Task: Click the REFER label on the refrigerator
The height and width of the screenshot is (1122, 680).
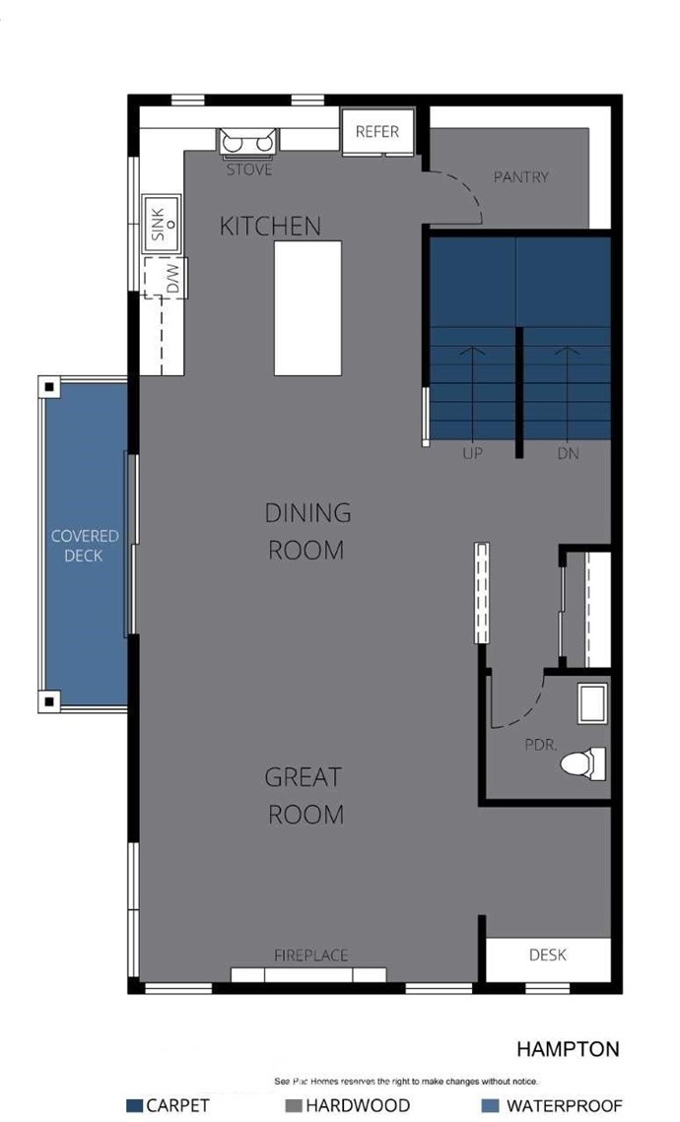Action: coord(377,132)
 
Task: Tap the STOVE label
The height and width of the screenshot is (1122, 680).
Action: coord(249,169)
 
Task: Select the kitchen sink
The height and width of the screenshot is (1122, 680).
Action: coord(162,224)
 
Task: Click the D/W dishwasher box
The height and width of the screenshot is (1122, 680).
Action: coord(166,278)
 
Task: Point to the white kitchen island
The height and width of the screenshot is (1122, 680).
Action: coord(307,307)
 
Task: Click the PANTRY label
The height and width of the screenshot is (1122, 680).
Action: coord(521,176)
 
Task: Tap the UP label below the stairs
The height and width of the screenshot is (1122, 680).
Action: coord(472,453)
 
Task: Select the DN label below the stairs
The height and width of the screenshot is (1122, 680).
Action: coord(569,453)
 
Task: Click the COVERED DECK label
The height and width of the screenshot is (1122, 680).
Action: coord(85,546)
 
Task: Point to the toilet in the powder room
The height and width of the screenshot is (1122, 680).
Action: coord(583,763)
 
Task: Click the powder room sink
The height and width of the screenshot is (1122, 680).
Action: coord(592,703)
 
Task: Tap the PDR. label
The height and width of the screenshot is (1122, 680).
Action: coord(541,744)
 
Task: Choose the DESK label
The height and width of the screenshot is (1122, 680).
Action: coord(548,955)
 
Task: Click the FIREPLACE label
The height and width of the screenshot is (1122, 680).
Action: coord(310,956)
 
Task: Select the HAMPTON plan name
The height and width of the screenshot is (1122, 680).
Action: coord(568,1049)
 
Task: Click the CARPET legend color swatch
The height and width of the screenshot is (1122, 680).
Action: coord(134,1105)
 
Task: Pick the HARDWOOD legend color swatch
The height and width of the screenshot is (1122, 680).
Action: coord(294,1105)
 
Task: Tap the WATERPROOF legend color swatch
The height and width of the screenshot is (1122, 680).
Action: coord(491,1105)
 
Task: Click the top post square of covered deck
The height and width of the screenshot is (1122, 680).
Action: coord(49,388)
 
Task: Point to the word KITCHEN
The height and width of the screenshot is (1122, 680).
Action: coord(270,227)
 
